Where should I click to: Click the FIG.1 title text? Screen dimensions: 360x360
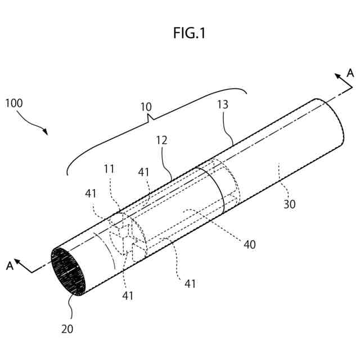point(190,34)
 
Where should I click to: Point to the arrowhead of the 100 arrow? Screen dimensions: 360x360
point(46,132)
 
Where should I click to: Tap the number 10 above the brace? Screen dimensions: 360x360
point(146,106)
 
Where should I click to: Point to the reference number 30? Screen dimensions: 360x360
point(289,205)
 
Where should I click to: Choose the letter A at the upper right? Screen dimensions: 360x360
point(350,73)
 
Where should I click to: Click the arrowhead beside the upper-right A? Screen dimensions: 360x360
point(338,76)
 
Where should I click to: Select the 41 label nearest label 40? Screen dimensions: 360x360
point(190,284)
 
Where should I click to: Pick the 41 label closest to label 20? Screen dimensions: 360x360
point(128,295)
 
